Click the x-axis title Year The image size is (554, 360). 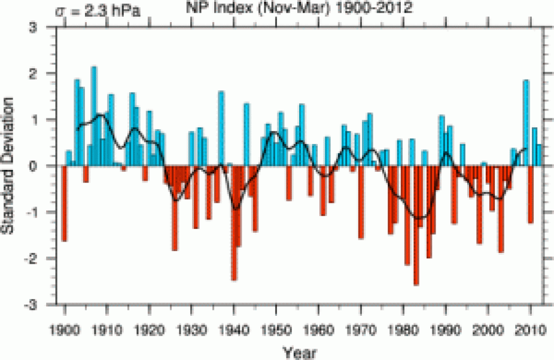point(300,351)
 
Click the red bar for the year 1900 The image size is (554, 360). point(64,203)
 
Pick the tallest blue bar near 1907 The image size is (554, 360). point(94,116)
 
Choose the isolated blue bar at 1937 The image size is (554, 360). point(221,129)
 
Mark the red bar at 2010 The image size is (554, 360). point(530,194)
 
